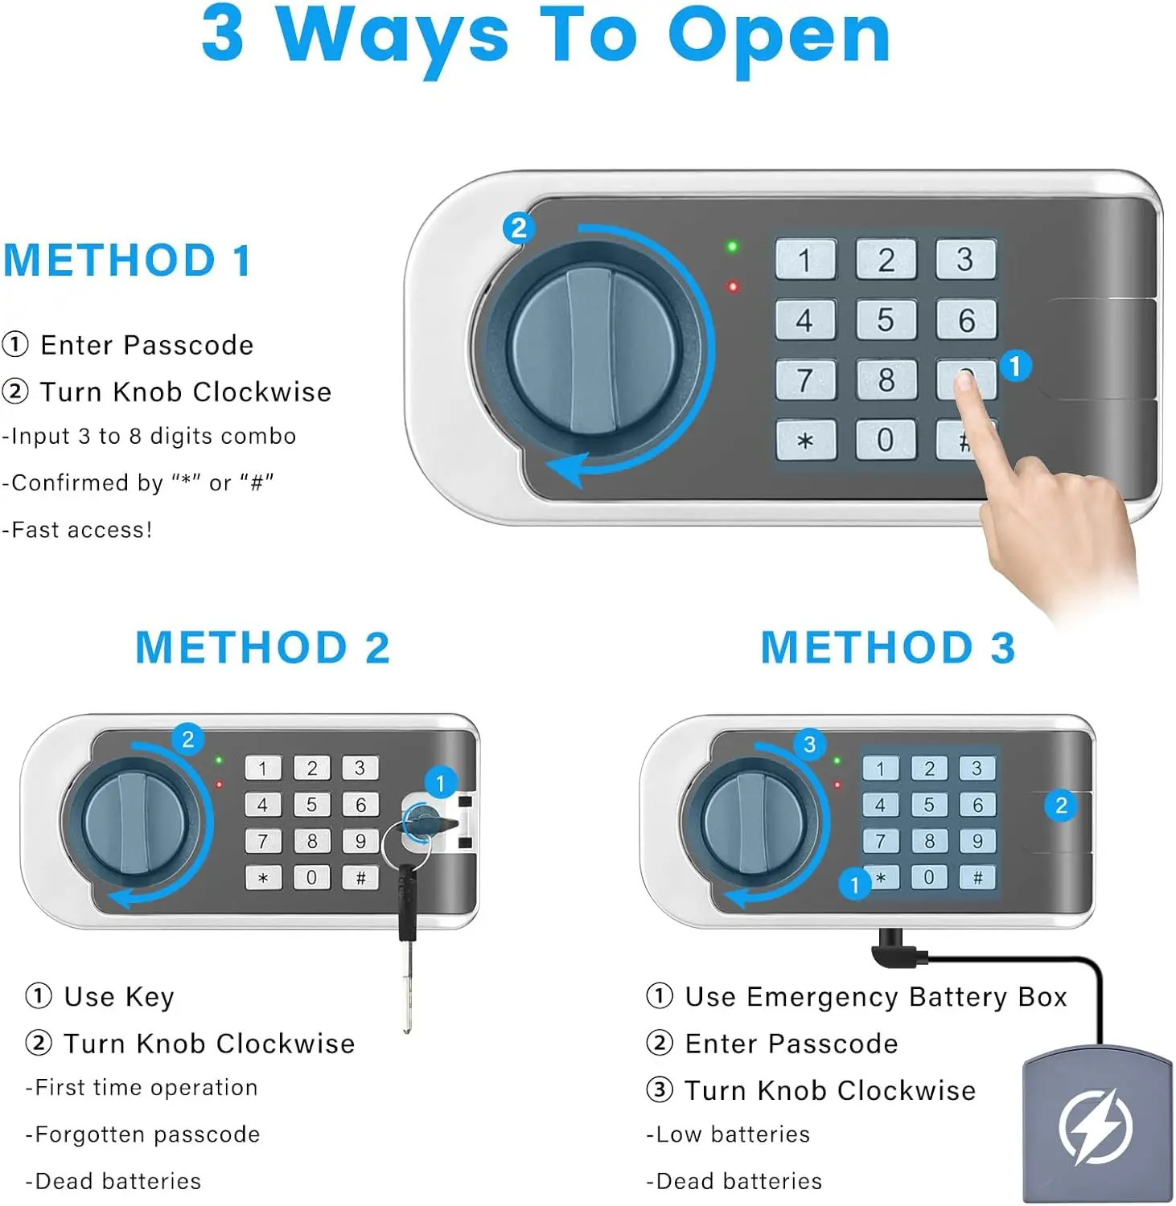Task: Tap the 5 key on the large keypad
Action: pos(886,320)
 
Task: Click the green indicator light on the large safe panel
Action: pos(732,247)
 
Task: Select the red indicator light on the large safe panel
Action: pos(733,286)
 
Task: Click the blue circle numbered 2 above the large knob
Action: pos(519,228)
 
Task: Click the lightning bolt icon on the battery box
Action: pos(1096,1126)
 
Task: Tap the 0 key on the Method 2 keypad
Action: pos(311,877)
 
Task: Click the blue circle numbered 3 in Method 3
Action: pos(809,744)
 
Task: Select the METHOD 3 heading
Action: pos(888,648)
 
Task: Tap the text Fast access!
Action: pos(77,530)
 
